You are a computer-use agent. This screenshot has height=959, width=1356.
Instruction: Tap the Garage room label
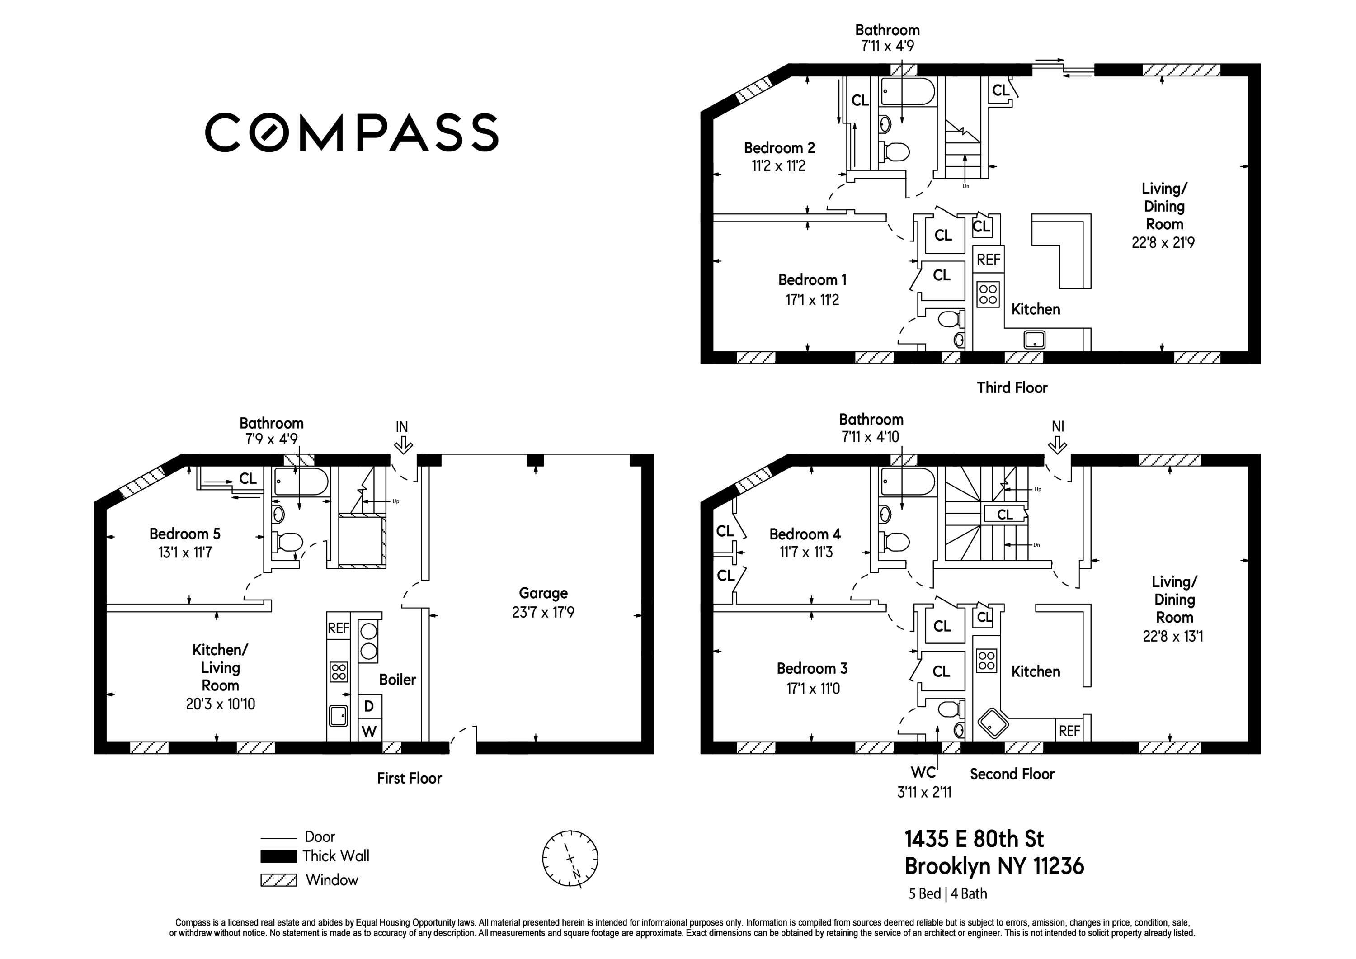tap(543, 593)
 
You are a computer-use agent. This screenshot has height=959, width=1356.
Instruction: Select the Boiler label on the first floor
tap(397, 680)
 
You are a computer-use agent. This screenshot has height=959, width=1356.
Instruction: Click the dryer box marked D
tap(370, 706)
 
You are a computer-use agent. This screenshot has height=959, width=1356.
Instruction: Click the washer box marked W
tap(370, 730)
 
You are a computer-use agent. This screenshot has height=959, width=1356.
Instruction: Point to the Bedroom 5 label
tap(185, 534)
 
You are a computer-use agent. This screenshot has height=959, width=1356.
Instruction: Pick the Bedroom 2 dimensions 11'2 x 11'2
tap(778, 166)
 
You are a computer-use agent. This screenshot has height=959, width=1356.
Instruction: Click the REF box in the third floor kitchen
tap(989, 260)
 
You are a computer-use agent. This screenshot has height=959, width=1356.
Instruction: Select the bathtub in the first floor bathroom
tap(301, 482)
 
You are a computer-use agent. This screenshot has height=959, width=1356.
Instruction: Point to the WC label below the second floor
tap(923, 772)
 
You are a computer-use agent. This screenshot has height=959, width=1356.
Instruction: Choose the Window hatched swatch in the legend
tap(279, 880)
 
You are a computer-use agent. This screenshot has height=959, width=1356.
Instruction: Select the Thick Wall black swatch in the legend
tap(279, 856)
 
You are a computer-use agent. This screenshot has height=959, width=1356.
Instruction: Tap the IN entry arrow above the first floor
tap(403, 444)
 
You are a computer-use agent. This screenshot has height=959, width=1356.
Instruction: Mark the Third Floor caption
tap(1012, 387)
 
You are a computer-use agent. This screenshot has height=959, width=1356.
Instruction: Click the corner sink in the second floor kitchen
tap(993, 723)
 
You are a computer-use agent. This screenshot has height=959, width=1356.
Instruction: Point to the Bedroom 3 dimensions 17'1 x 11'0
tap(813, 688)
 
